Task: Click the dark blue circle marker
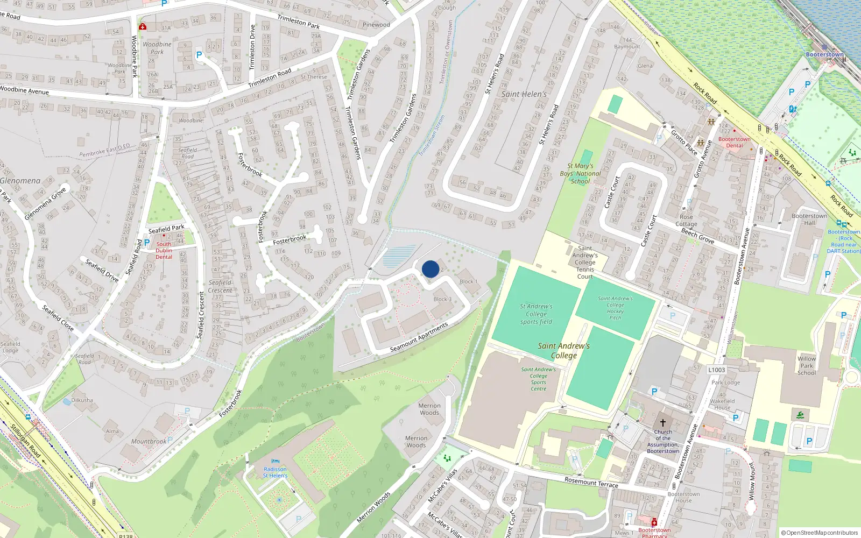(430, 269)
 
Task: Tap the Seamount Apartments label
(419, 338)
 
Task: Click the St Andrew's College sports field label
(536, 314)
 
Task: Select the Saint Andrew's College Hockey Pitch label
(615, 308)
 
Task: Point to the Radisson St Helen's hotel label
(275, 472)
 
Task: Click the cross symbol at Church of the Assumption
(663, 423)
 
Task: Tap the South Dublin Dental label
(164, 250)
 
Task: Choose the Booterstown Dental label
(734, 142)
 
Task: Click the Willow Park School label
(806, 365)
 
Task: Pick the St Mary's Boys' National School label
(580, 173)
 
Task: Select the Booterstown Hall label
(809, 220)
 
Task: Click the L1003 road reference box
(716, 370)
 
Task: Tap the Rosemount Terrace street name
(591, 482)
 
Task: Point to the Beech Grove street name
(697, 236)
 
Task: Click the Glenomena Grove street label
(45, 203)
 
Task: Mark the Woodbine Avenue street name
(24, 90)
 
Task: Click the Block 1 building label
(468, 281)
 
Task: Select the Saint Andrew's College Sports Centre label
(538, 379)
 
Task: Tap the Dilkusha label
(82, 400)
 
